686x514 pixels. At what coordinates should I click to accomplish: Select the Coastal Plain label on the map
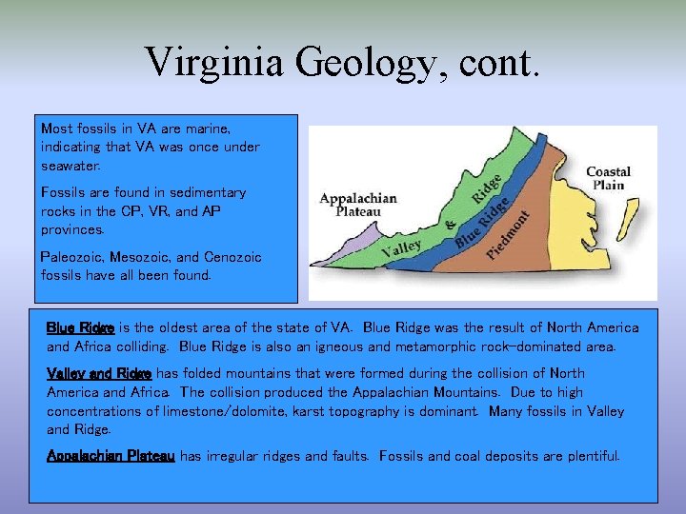point(608,178)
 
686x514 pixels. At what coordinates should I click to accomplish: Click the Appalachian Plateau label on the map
point(358,205)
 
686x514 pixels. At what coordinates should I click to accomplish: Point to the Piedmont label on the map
point(508,235)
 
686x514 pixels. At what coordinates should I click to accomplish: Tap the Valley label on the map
point(401,249)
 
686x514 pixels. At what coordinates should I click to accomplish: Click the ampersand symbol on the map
point(451,227)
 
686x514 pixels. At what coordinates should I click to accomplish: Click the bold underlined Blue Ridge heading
point(80,327)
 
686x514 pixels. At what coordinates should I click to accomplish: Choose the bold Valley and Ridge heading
point(99,373)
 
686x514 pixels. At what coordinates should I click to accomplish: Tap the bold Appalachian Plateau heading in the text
point(111,456)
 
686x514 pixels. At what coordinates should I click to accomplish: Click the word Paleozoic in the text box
point(72,257)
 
